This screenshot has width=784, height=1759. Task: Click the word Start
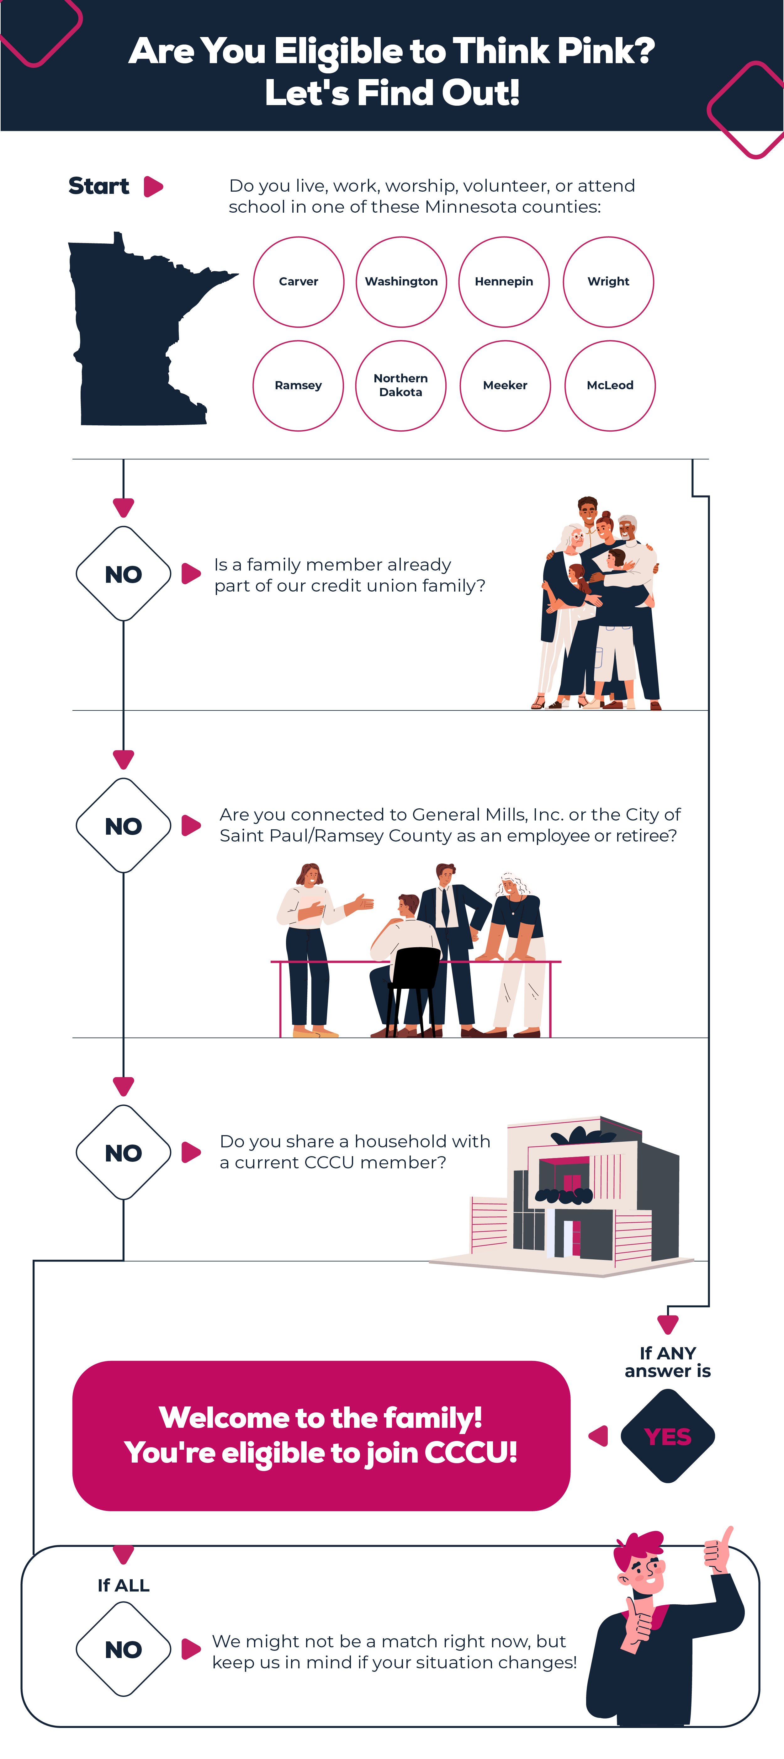(99, 186)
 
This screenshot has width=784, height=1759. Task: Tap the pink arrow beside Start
(153, 186)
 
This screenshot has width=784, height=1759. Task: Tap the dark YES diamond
(667, 1436)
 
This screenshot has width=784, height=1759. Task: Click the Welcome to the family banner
(321, 1435)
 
